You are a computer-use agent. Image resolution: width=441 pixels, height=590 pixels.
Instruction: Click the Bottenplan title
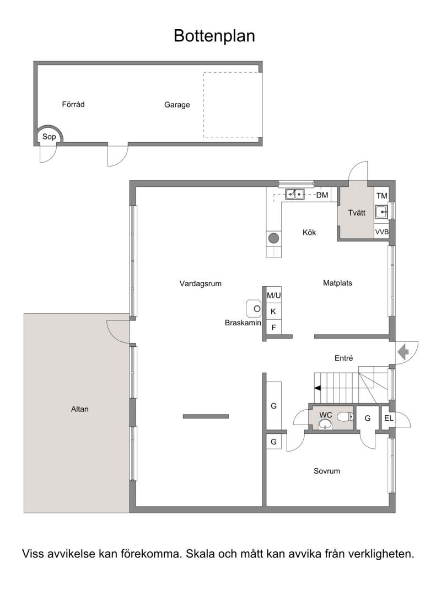click(214, 36)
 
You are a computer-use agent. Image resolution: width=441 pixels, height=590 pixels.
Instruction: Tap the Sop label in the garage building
click(49, 137)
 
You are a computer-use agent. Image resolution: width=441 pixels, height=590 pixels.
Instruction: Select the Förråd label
click(73, 104)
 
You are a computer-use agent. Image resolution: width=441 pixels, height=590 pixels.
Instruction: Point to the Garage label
click(177, 105)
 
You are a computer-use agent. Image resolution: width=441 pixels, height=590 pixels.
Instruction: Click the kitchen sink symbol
click(295, 195)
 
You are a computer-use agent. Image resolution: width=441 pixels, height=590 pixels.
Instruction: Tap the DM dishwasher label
click(322, 195)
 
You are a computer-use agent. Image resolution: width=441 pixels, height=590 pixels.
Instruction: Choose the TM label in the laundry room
click(382, 196)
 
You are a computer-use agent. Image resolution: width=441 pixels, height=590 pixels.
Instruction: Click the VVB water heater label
click(381, 232)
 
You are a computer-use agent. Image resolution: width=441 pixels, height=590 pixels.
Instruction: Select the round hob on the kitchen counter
click(273, 238)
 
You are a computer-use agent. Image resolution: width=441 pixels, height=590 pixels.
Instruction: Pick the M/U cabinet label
click(273, 296)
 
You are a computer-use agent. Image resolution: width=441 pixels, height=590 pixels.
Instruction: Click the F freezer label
click(273, 328)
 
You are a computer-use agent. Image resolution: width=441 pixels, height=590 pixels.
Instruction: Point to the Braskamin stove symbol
click(254, 308)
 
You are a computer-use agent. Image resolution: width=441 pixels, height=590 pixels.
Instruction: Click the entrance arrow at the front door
click(403, 352)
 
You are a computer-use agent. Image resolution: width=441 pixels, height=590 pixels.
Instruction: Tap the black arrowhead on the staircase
click(317, 388)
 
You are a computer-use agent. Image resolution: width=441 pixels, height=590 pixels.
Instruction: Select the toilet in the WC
click(345, 416)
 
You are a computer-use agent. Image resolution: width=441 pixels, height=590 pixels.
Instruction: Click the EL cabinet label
click(389, 418)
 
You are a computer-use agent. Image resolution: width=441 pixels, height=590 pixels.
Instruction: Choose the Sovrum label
click(326, 471)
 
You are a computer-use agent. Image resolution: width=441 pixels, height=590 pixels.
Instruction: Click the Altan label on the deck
click(80, 409)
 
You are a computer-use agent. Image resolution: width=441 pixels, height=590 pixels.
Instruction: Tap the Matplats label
click(337, 283)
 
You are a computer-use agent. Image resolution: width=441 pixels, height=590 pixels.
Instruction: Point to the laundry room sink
click(381, 212)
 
